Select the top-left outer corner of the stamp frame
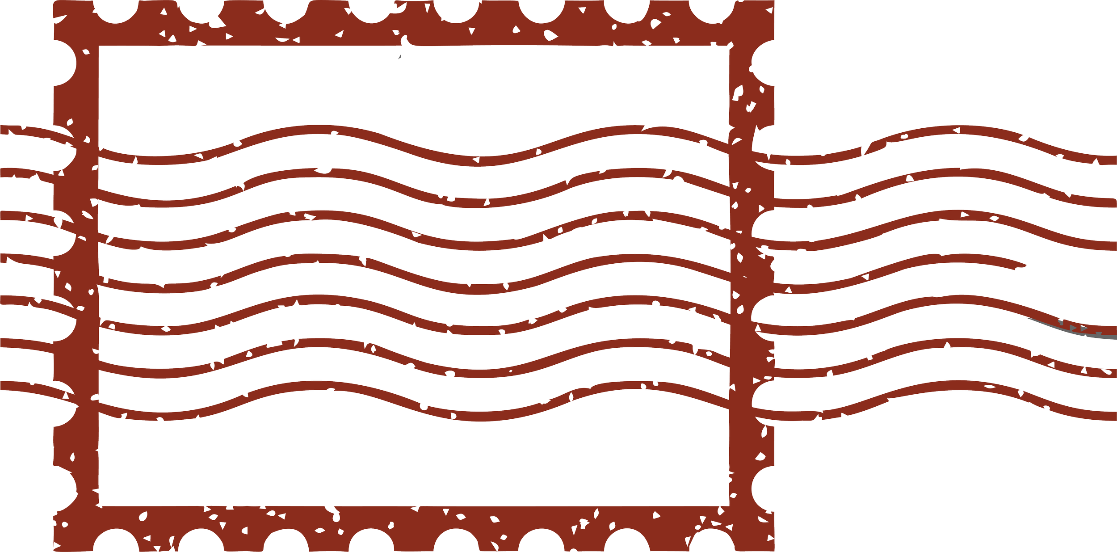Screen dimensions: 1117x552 coord(55,3)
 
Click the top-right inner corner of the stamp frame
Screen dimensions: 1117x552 coord(729,46)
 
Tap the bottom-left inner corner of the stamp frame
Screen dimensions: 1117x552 coord(99,506)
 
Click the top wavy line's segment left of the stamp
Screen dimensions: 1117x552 coord(27,131)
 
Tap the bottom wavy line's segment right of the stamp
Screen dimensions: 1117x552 coord(961,385)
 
